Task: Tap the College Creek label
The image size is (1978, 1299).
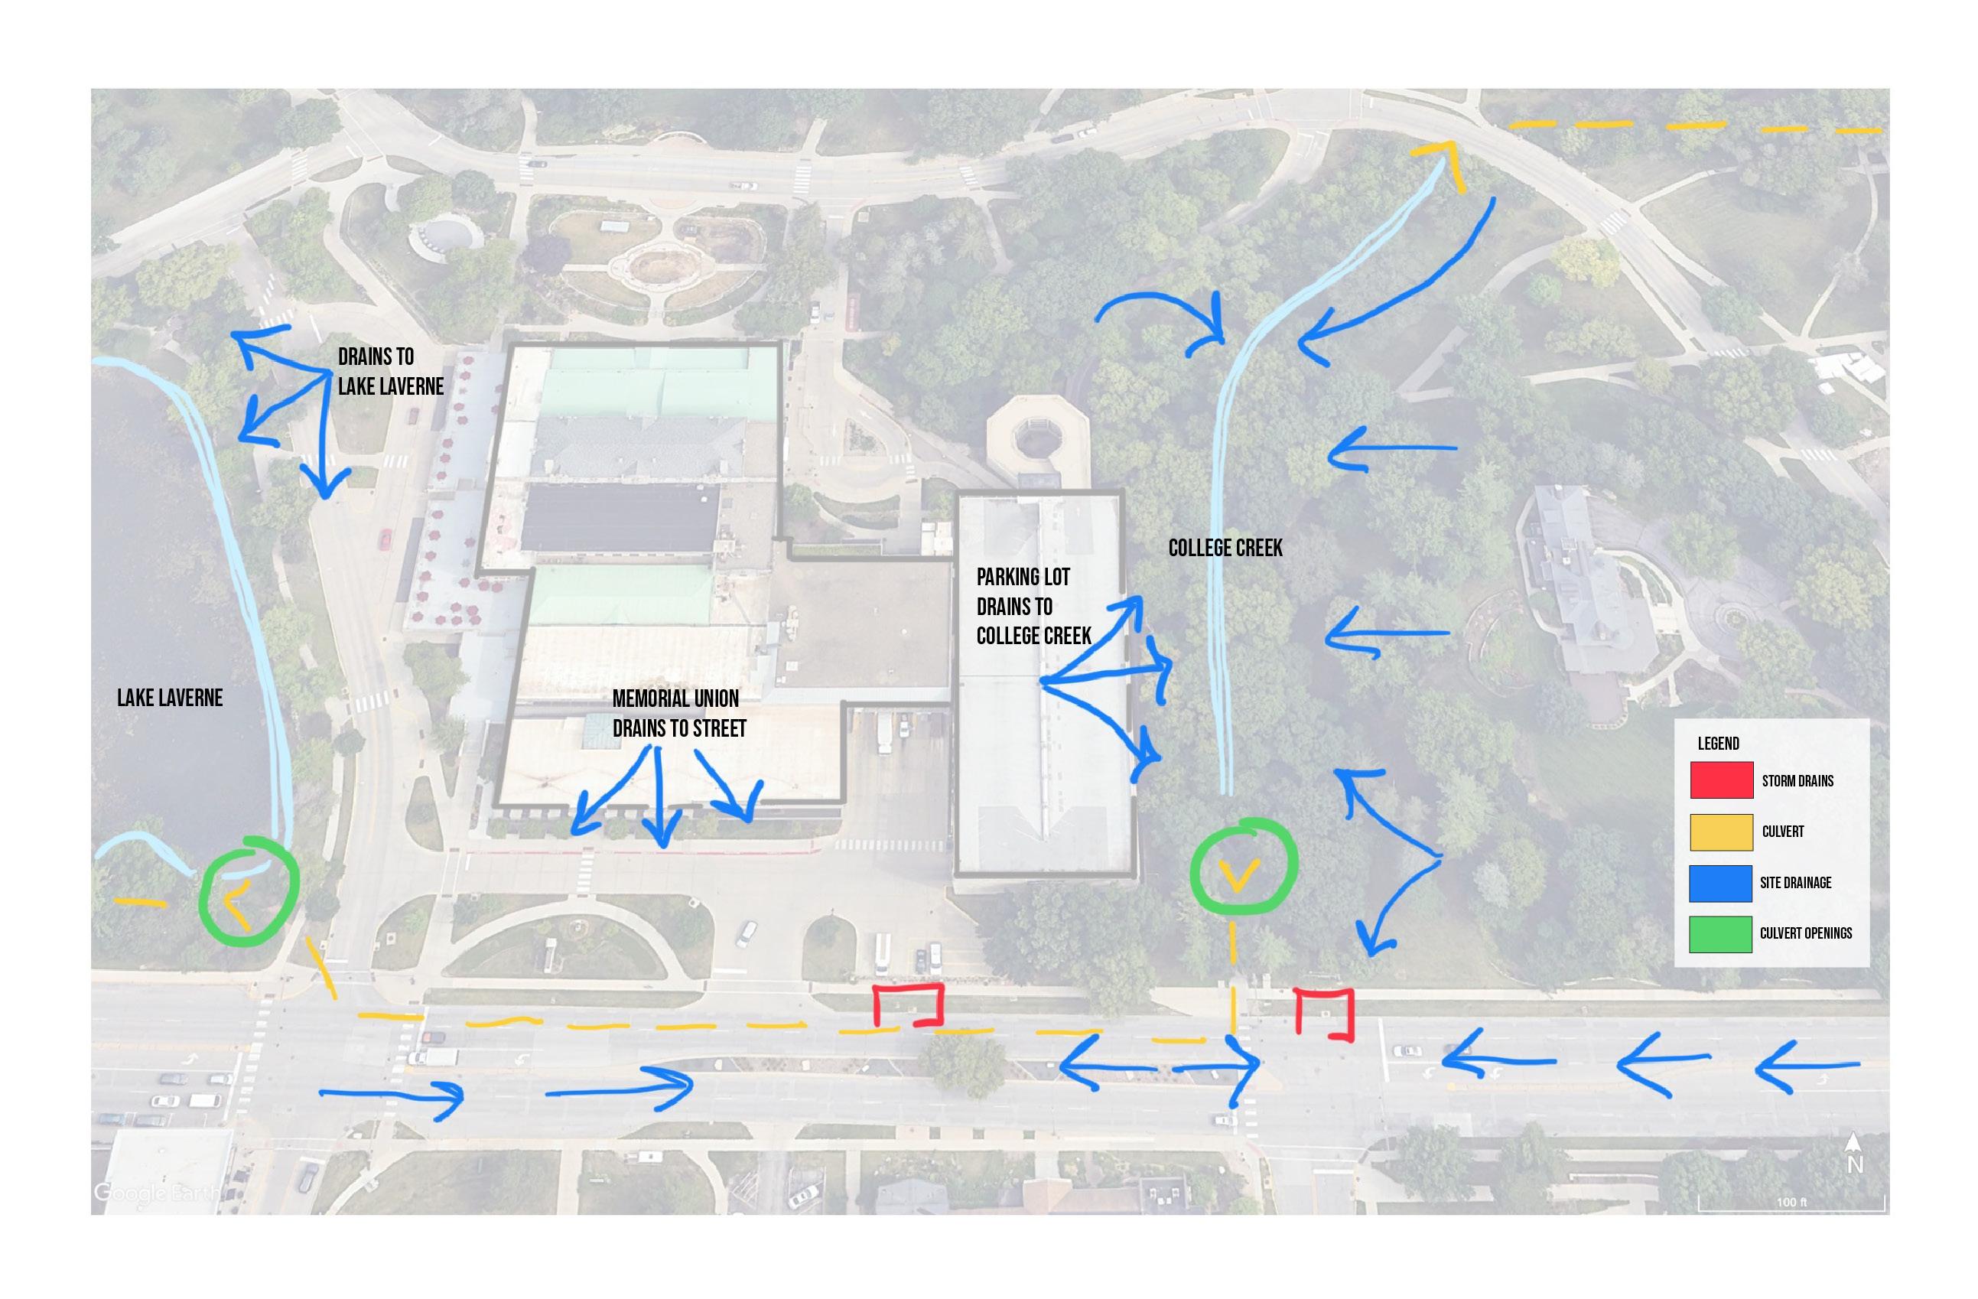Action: click(1225, 548)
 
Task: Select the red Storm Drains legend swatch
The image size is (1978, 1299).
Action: click(1721, 780)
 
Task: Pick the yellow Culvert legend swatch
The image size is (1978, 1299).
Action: click(1721, 832)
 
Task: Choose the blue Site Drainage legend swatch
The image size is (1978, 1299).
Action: click(1721, 883)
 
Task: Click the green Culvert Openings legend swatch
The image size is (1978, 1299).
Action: click(1721, 933)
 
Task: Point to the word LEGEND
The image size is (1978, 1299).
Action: click(1718, 743)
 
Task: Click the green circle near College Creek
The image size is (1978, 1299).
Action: click(1243, 867)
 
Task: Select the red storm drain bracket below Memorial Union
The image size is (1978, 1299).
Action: click(909, 1004)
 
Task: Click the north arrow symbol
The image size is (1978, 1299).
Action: click(1853, 1154)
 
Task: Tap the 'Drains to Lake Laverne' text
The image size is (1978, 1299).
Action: click(390, 372)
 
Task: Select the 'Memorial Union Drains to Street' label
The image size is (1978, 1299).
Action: click(678, 713)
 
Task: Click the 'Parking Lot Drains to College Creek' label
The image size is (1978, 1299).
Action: click(1033, 606)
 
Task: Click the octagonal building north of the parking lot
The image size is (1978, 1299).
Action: click(1037, 441)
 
